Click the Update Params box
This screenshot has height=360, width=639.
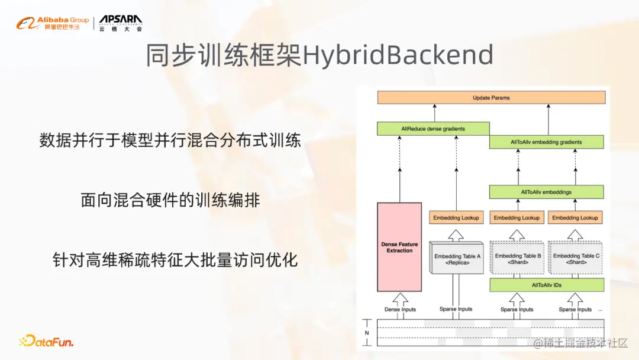(491, 98)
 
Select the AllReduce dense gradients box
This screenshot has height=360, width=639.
(433, 128)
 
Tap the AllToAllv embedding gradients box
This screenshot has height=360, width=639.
(546, 142)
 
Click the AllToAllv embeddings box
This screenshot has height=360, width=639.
(546, 192)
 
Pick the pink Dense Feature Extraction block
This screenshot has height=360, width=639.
(399, 247)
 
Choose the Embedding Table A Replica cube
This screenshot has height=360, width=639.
(457, 258)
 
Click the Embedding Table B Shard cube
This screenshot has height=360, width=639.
(517, 258)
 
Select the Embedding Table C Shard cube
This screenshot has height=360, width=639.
(576, 258)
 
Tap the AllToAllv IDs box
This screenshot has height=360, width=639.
(546, 285)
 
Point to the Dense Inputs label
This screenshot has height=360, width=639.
(400, 309)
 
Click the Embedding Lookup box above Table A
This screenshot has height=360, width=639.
(456, 218)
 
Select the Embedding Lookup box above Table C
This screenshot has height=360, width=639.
(575, 218)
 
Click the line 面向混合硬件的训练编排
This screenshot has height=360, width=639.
(170, 200)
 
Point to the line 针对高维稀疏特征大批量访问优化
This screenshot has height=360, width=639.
(175, 259)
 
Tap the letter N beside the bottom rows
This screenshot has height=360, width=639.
(367, 333)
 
